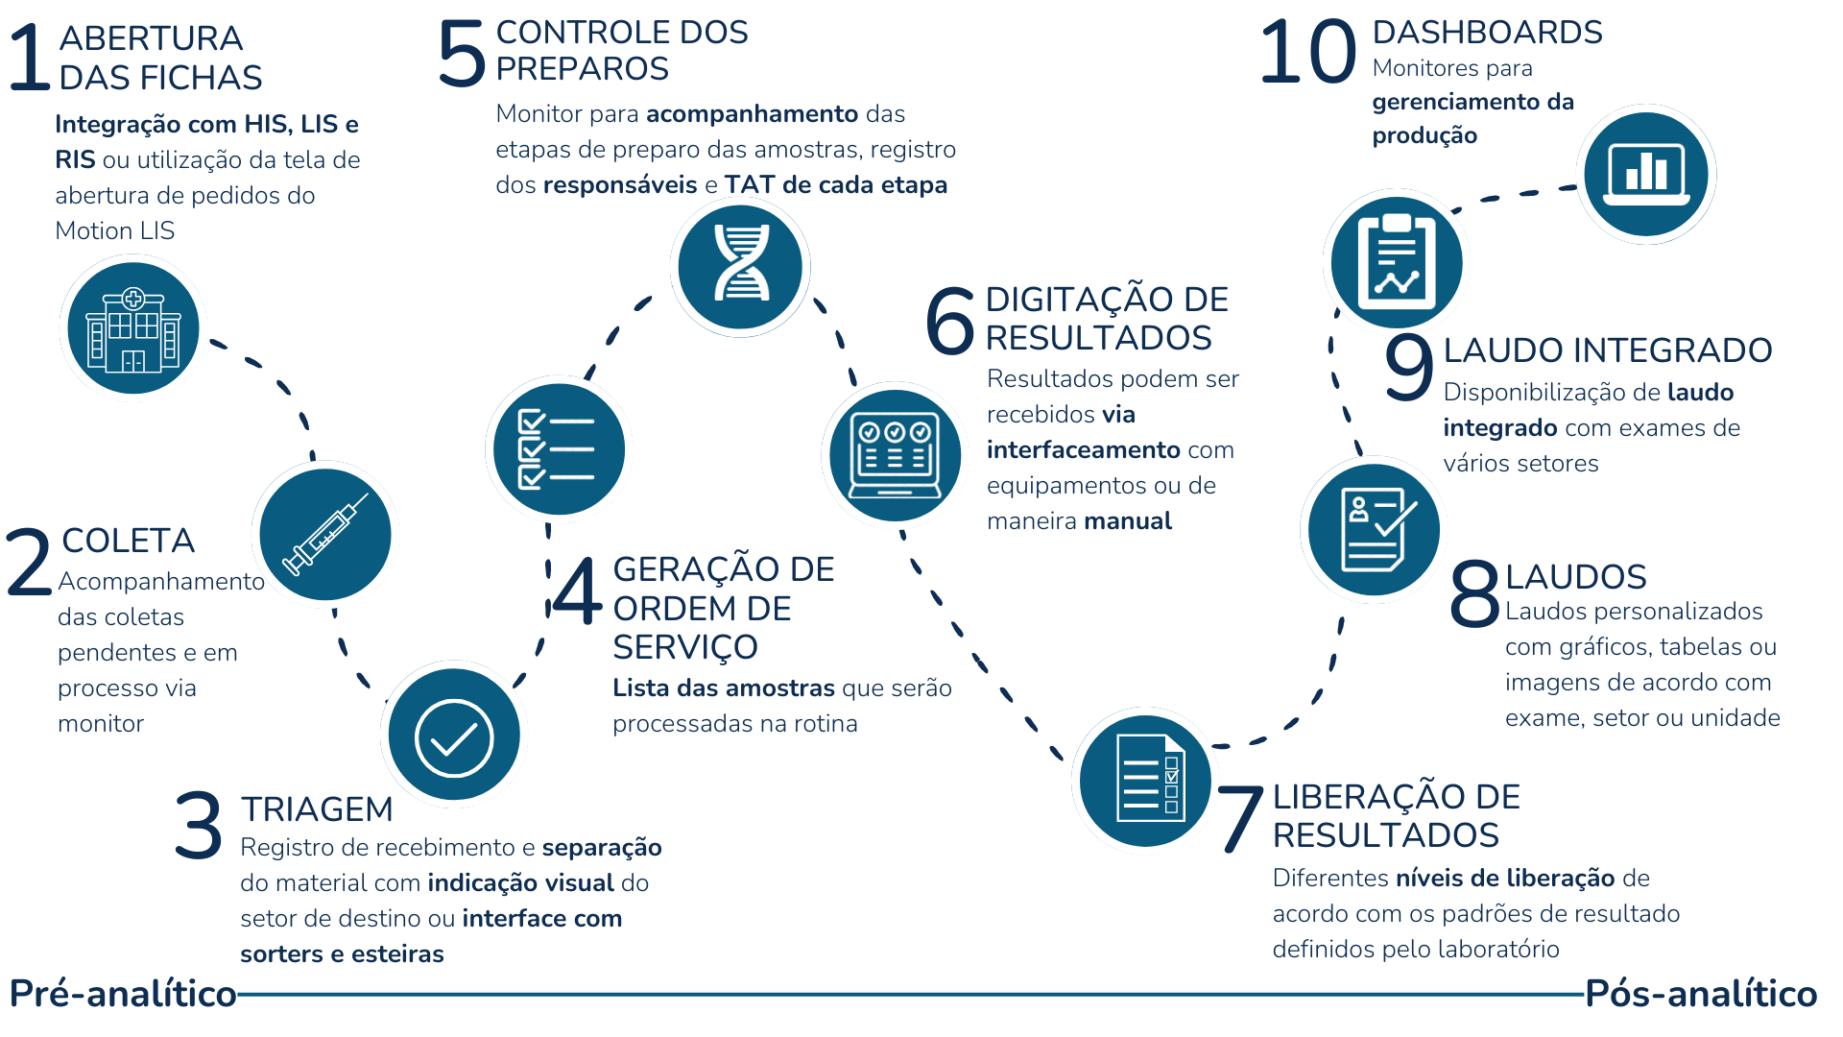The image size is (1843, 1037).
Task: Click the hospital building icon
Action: click(133, 328)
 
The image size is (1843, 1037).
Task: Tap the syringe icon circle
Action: click(325, 535)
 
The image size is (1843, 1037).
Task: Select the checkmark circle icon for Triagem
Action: click(454, 736)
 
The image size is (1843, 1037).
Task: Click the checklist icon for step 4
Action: click(559, 449)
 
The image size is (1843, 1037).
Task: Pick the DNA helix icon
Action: click(740, 267)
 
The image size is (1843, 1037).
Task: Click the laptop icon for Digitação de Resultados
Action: click(896, 455)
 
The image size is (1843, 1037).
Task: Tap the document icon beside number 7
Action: click(1145, 780)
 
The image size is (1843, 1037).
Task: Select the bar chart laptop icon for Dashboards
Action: click(1646, 174)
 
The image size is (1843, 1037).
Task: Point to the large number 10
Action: click(1307, 52)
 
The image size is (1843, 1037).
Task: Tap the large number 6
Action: click(950, 321)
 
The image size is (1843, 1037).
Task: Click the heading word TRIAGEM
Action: click(317, 809)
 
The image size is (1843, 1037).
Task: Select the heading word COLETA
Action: click(128, 541)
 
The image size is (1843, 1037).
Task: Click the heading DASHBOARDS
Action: click(1487, 32)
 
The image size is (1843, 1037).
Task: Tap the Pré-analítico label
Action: click(123, 994)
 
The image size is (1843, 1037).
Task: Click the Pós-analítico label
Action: click(1701, 994)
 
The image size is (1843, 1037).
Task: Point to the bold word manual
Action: click(1127, 521)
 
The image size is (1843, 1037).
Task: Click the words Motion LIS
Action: click(115, 230)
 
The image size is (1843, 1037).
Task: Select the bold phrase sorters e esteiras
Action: click(342, 954)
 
